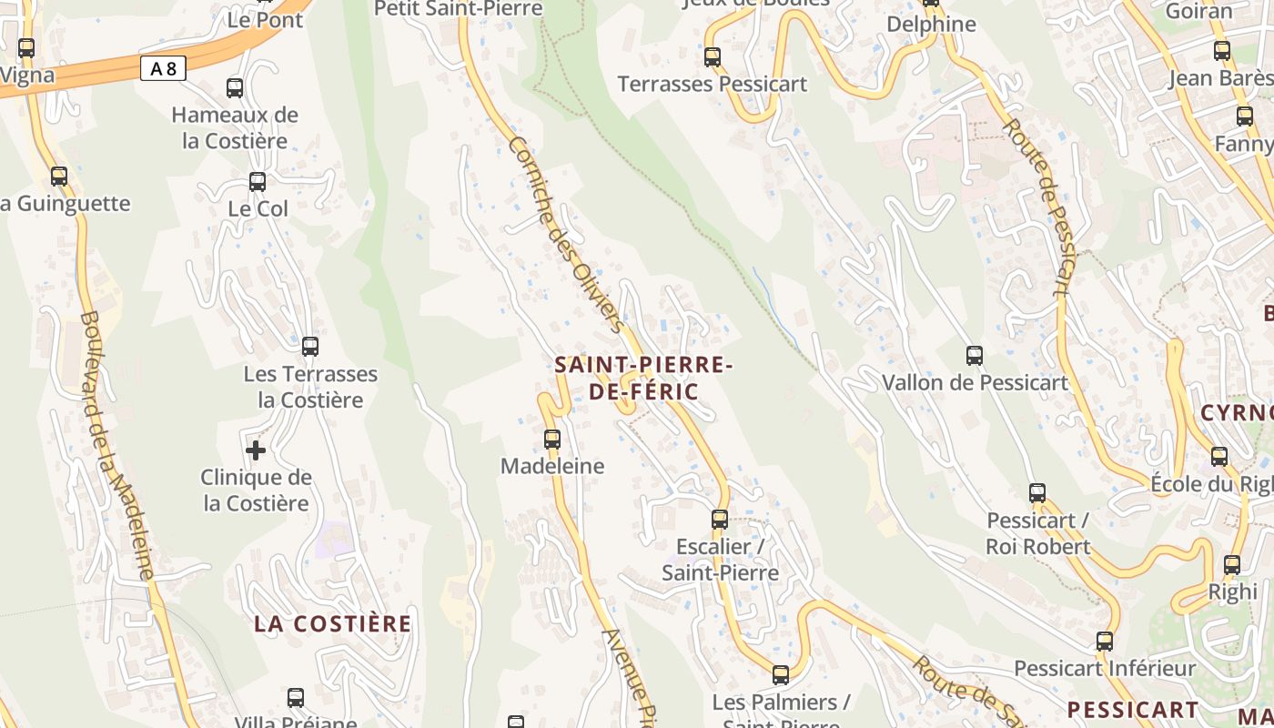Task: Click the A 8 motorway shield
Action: click(163, 68)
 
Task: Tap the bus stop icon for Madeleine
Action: click(551, 440)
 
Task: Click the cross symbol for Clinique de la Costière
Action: click(256, 450)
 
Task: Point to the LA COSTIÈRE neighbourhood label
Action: click(332, 623)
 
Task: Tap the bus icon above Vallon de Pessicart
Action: click(974, 356)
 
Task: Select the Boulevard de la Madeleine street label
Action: click(116, 445)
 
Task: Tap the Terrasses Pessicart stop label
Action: click(713, 85)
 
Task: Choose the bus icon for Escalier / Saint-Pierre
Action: click(720, 520)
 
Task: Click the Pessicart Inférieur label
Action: click(1105, 669)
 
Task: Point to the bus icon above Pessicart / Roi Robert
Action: click(1037, 493)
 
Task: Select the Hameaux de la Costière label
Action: click(235, 127)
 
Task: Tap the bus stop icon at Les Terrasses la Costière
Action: click(310, 347)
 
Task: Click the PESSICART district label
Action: click(1133, 709)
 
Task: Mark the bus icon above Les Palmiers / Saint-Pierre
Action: click(780, 675)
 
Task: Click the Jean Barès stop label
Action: click(1220, 78)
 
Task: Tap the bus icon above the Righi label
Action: click(1231, 565)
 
